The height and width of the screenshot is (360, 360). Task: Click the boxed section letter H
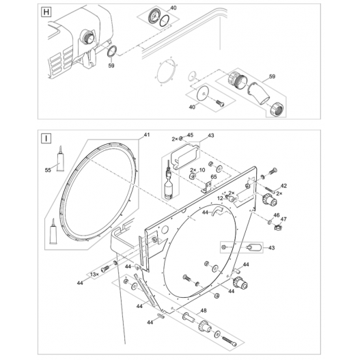click(45, 12)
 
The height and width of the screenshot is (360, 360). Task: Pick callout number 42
click(283, 186)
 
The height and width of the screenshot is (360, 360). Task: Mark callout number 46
click(277, 215)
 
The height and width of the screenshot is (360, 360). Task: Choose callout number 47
click(284, 220)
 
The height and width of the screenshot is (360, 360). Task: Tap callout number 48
click(203, 311)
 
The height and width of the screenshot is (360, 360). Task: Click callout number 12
click(221, 198)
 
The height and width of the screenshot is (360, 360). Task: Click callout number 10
click(202, 170)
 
